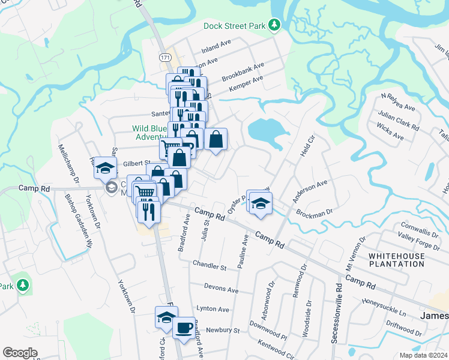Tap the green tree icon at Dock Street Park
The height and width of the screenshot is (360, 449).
[x=274, y=25]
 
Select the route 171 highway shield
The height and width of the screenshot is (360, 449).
[x=165, y=57]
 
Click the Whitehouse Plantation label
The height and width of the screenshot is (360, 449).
[x=396, y=260]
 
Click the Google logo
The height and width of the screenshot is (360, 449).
[x=20, y=353]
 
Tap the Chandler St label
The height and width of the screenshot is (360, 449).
[x=209, y=265]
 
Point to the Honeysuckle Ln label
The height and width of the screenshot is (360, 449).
[x=384, y=305]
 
